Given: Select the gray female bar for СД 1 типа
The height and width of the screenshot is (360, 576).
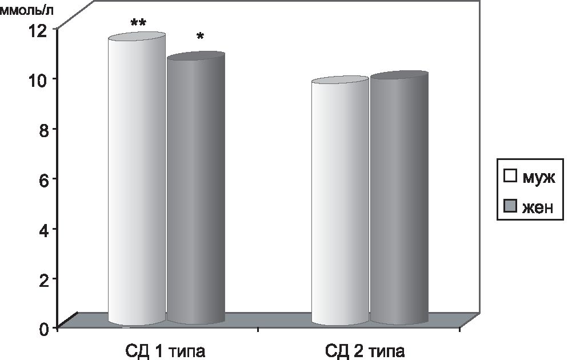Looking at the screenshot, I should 195,189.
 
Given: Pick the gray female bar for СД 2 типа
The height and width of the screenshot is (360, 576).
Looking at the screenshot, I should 399,200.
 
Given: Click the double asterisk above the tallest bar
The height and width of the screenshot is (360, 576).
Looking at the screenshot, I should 138,23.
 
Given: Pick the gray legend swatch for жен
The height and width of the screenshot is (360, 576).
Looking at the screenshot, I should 510,206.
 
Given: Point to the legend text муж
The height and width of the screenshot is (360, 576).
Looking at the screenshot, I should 538,177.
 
